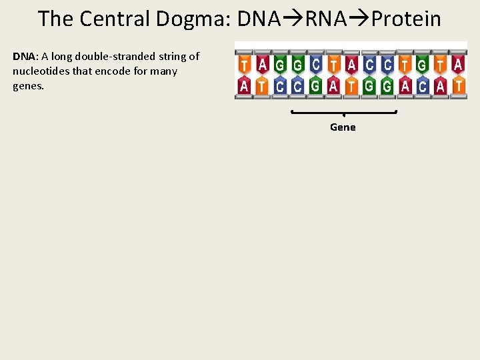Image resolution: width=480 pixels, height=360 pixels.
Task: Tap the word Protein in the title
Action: [x=406, y=19]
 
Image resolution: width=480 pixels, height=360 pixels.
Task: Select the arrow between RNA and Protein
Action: [x=359, y=19]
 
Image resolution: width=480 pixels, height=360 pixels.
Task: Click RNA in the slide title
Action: [x=326, y=19]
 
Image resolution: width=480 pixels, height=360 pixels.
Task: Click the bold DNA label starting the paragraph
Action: [x=24, y=57]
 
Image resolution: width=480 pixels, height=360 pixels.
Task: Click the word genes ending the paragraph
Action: [x=27, y=86]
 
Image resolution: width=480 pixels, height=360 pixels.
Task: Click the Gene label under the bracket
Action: [x=343, y=127]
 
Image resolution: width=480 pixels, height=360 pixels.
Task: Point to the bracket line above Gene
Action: [x=343, y=112]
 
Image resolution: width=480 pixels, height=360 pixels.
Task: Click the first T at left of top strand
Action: [x=244, y=64]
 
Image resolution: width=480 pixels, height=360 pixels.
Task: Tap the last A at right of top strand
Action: [x=458, y=64]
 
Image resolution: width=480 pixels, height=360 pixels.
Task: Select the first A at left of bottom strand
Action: [x=244, y=86]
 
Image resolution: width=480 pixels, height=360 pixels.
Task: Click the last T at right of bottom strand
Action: [x=458, y=86]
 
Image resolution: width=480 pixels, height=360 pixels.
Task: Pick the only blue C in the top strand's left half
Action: [x=315, y=64]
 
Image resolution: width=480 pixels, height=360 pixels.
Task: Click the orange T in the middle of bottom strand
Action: [x=351, y=86]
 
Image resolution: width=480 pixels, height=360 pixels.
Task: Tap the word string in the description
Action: [x=170, y=57]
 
